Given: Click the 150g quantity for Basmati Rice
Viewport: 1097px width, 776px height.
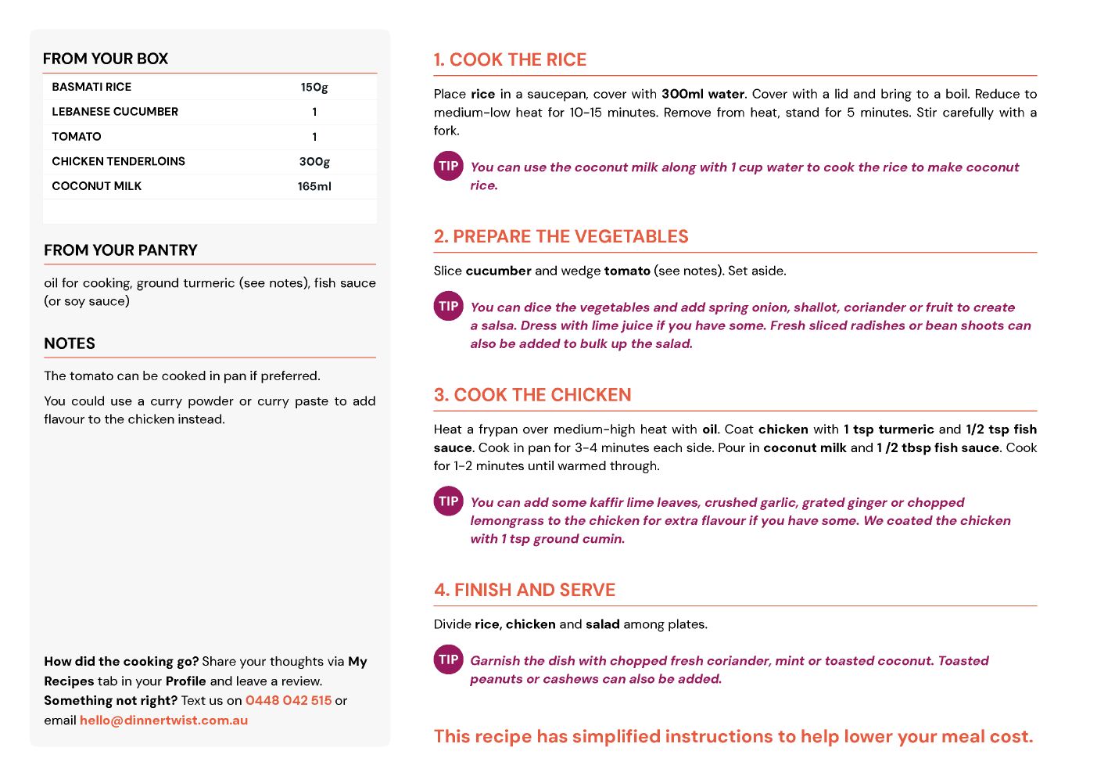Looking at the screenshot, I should click(x=314, y=87).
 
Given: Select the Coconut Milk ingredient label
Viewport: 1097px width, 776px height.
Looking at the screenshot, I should click(x=97, y=186).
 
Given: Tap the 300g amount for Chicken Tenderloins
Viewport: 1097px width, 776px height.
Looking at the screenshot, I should click(x=314, y=161).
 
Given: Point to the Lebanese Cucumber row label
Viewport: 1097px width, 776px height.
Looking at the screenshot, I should click(x=115, y=112).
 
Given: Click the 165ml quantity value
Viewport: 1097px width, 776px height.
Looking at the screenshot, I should click(x=314, y=186).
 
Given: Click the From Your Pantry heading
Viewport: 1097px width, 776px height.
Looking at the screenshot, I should click(x=120, y=250).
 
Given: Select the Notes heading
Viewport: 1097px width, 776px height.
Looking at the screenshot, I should click(x=70, y=343).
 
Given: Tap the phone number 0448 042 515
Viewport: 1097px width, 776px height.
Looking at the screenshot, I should click(x=289, y=700).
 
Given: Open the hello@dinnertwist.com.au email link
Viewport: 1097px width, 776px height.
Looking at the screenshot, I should click(x=163, y=720).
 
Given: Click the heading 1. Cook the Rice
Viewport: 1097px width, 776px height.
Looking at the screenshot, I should click(x=510, y=60).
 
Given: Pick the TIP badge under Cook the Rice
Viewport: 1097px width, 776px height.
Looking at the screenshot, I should click(x=449, y=166).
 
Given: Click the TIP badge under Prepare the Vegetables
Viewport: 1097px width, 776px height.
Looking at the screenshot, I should click(x=449, y=306).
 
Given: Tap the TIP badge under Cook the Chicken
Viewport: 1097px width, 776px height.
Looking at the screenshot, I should click(x=449, y=501).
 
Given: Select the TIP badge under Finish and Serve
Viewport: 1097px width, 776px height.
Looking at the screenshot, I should click(x=449, y=659).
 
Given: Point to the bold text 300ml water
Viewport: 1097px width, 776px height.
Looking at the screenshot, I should click(x=703, y=94).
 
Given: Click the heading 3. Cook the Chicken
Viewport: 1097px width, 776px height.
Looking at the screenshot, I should click(x=532, y=395).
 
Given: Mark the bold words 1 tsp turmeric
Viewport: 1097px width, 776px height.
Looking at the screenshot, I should click(x=888, y=429).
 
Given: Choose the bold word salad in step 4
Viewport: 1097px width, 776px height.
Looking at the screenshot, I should click(x=603, y=624).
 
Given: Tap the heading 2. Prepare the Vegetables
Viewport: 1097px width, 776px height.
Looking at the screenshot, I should click(x=561, y=237).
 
